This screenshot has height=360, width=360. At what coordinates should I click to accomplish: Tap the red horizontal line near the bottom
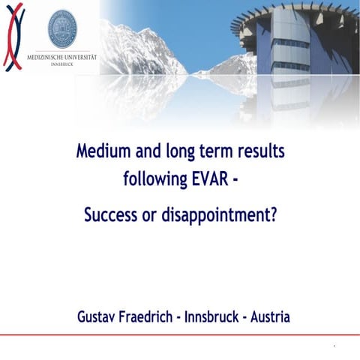tap(180, 334)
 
